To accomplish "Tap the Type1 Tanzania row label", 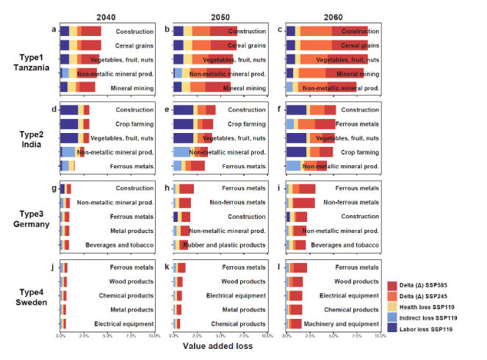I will click(x=33, y=62).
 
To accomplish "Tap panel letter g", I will click(x=53, y=188).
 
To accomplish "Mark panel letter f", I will click(x=279, y=109).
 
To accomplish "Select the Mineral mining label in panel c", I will click(x=358, y=73).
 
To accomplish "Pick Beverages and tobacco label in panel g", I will click(x=123, y=245).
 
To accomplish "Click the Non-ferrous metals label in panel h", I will click(x=237, y=202).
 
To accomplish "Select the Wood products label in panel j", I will click(x=132, y=281).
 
